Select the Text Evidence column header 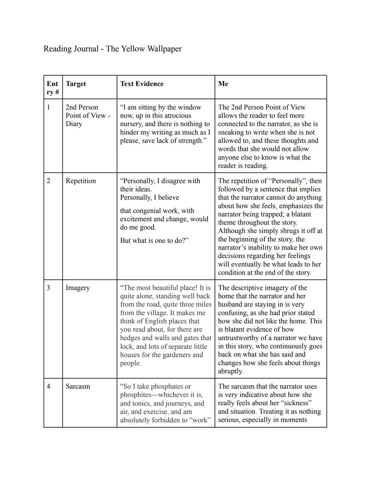point(141,84)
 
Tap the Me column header point(223,84)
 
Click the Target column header point(76,84)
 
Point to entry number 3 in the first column point(48,288)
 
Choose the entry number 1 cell point(48,107)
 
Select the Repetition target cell point(81,181)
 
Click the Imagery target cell point(78,288)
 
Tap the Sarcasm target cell point(78,386)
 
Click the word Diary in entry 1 point(74,124)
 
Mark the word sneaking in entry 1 point(231,132)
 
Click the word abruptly point(231,371)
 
